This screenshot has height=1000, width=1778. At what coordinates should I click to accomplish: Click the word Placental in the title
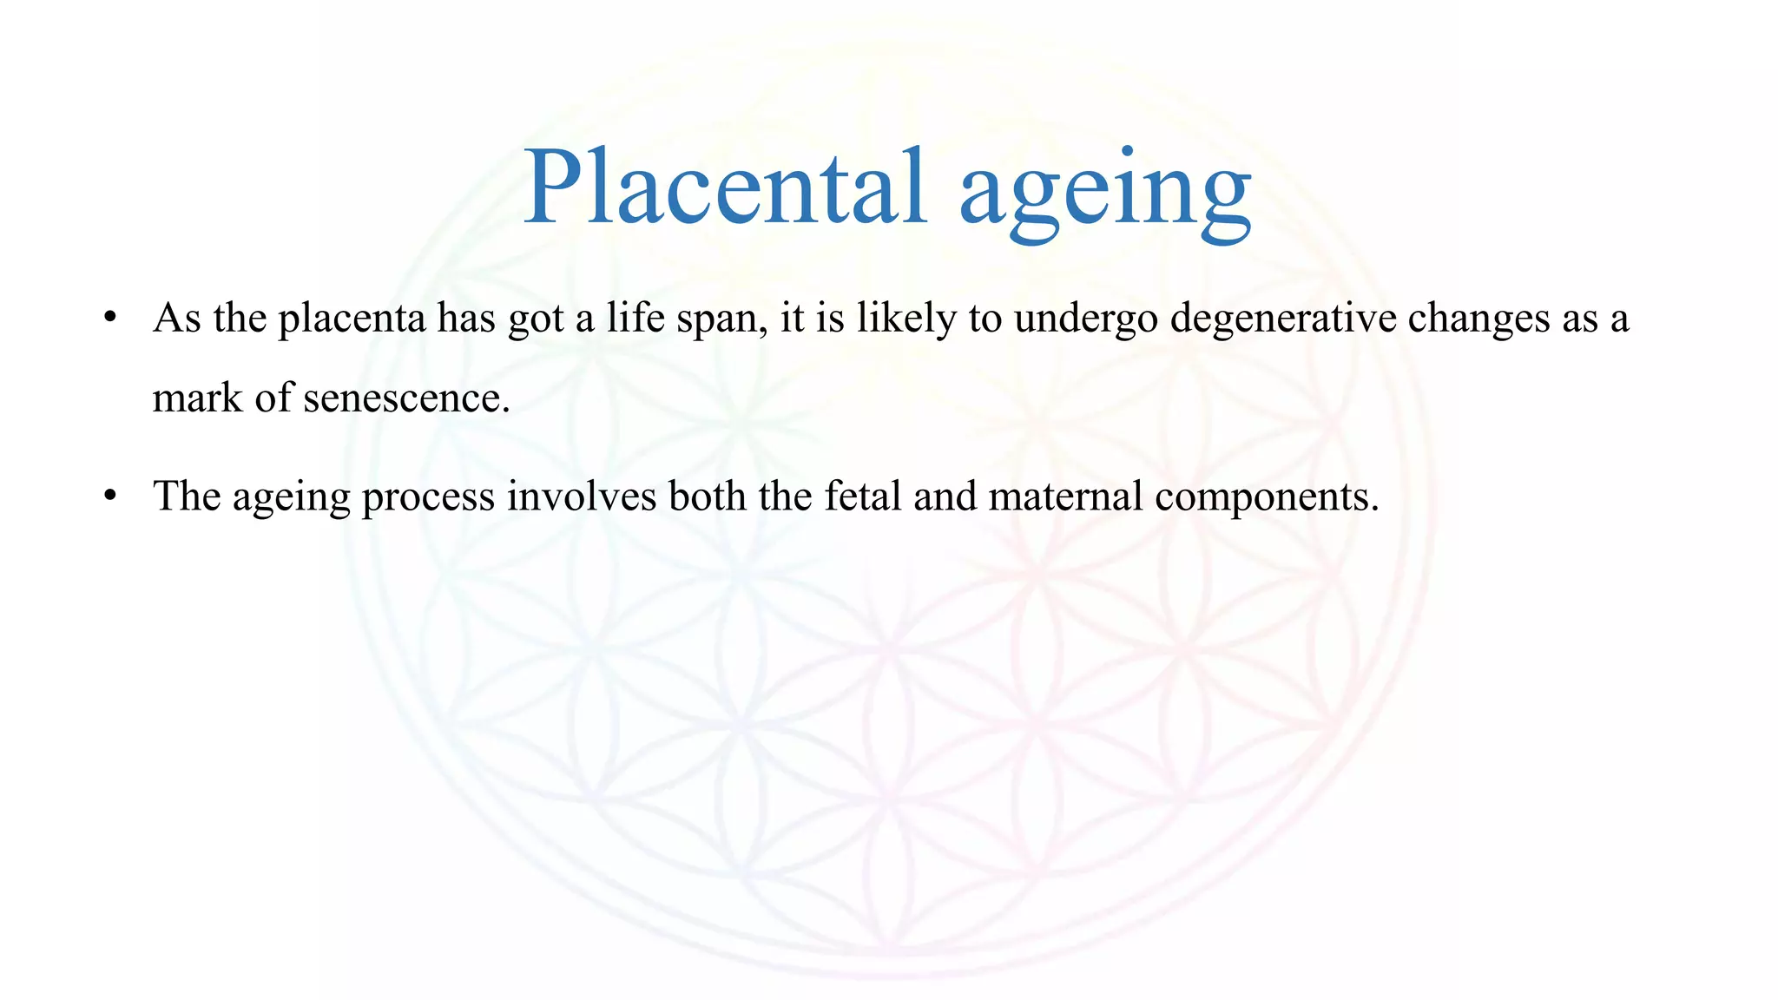pyautogui.click(x=725, y=187)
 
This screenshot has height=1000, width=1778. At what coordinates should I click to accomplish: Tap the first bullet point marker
pyautogui.click(x=109, y=317)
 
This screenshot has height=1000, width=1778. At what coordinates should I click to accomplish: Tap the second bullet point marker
pyautogui.click(x=109, y=496)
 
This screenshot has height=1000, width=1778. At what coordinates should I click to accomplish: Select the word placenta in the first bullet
pyautogui.click(x=352, y=319)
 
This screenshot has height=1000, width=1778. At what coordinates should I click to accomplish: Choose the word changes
pyautogui.click(x=1478, y=319)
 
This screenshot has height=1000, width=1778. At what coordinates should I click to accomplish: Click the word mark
pyautogui.click(x=197, y=398)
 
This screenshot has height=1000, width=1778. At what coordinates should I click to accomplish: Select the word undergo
pyautogui.click(x=1086, y=319)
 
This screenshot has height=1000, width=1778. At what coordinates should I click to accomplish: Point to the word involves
pyautogui.click(x=582, y=497)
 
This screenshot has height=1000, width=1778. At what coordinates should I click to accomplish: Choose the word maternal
pyautogui.click(x=1065, y=497)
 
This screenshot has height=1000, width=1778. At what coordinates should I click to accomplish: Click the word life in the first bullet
pyautogui.click(x=635, y=318)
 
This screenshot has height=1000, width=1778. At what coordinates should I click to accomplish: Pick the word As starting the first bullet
pyautogui.click(x=177, y=318)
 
